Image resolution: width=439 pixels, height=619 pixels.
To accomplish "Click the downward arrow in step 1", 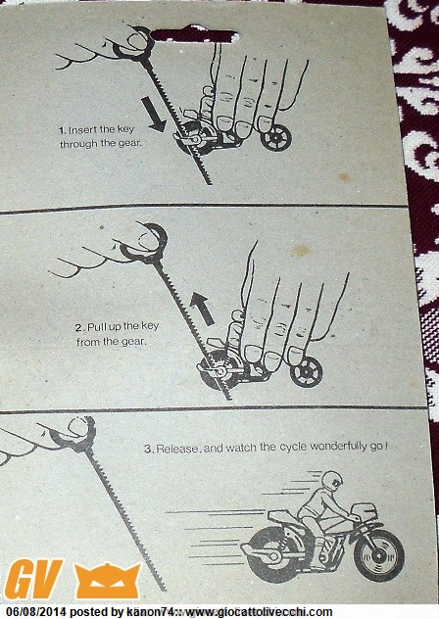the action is [x=153, y=115].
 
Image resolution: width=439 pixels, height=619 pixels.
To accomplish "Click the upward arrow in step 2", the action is [x=202, y=309].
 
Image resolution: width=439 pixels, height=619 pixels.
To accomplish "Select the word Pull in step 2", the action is [x=96, y=327].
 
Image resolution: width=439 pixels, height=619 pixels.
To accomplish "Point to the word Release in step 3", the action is [x=178, y=449].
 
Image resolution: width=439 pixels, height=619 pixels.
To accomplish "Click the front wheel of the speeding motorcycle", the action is [x=379, y=555].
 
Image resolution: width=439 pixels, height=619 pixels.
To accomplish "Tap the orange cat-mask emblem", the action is [x=107, y=581].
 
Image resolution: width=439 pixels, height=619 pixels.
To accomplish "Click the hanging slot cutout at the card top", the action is [x=194, y=34].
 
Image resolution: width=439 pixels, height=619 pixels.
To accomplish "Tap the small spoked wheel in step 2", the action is [x=307, y=372].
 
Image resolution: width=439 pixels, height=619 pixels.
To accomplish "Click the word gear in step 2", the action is [x=133, y=342].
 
